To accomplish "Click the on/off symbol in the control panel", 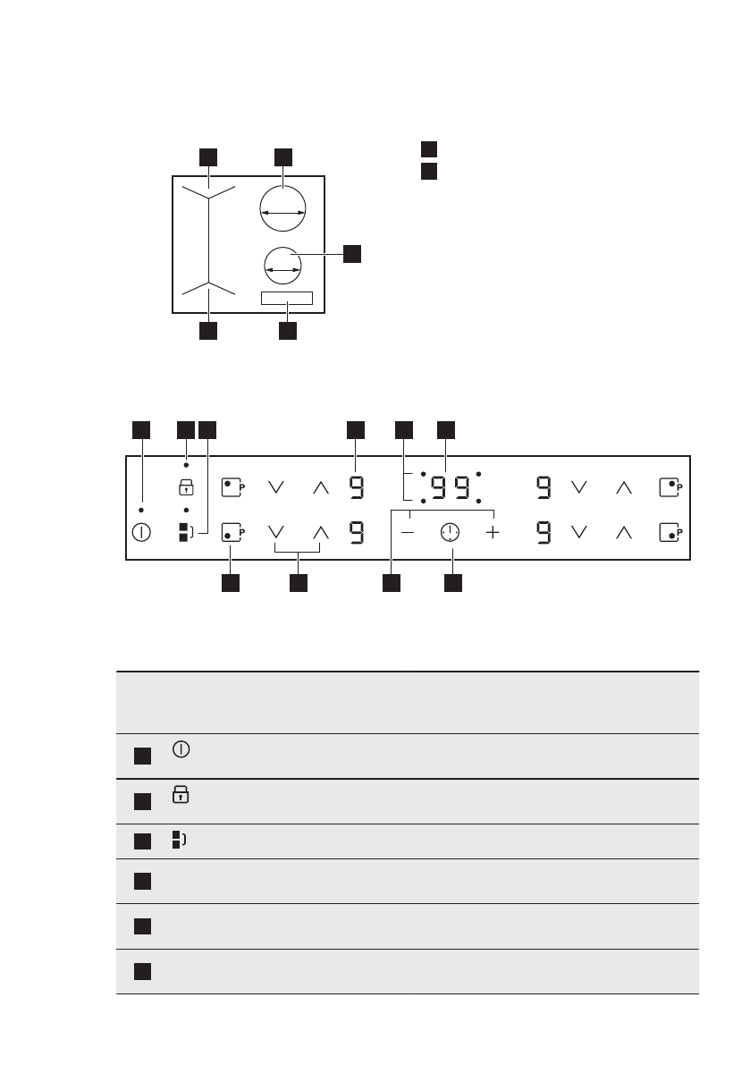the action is pyautogui.click(x=141, y=532).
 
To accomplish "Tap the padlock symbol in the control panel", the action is pyautogui.click(x=186, y=487).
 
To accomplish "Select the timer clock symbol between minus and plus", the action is pyautogui.click(x=450, y=533).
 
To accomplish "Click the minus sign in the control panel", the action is pyautogui.click(x=409, y=533).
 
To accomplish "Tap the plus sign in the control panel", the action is pyautogui.click(x=493, y=533).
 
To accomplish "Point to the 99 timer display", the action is pyautogui.click(x=450, y=487).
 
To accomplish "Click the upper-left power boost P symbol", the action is pyautogui.click(x=232, y=487).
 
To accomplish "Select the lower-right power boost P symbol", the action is pyautogui.click(x=670, y=534).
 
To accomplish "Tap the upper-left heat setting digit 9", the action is pyautogui.click(x=356, y=487).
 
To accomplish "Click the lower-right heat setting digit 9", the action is pyautogui.click(x=544, y=534).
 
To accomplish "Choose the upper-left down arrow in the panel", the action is pyautogui.click(x=275, y=487).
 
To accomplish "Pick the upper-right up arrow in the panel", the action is pyautogui.click(x=624, y=487).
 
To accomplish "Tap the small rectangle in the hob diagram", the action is pyautogui.click(x=287, y=298).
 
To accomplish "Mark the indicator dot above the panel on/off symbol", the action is pyautogui.click(x=141, y=510).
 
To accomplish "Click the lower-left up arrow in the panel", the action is pyautogui.click(x=320, y=534).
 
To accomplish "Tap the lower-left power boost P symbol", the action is pyautogui.click(x=232, y=534).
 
